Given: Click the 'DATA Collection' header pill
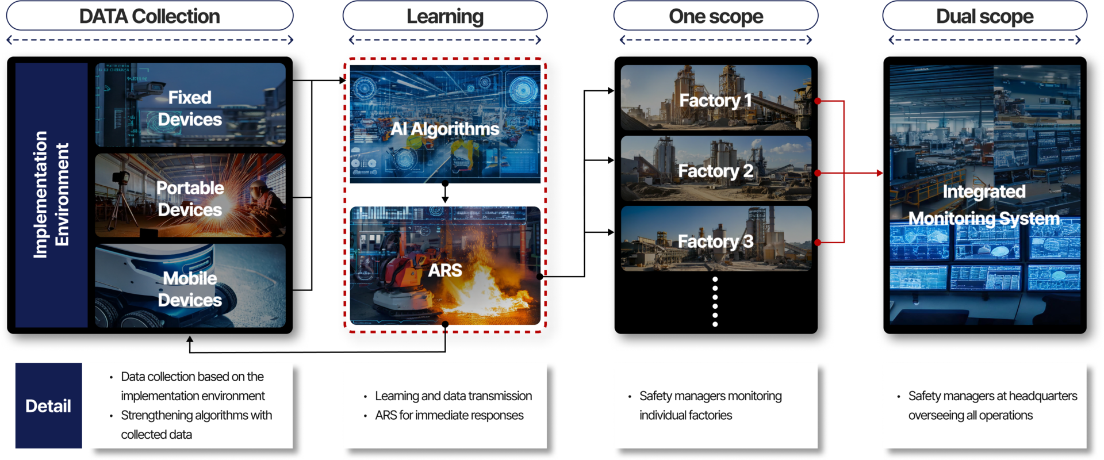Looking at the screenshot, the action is pyautogui.click(x=149, y=16).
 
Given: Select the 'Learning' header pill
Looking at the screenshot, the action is pyautogui.click(x=444, y=16).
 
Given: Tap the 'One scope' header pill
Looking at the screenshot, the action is pyautogui.click(x=715, y=16).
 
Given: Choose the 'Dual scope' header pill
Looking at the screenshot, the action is pyautogui.click(x=984, y=16).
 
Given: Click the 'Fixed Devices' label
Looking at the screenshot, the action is pyautogui.click(x=190, y=108).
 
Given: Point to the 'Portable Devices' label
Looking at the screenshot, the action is pyautogui.click(x=190, y=198).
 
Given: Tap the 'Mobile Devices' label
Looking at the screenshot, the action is pyautogui.click(x=190, y=289).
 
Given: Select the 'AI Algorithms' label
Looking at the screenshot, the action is pyautogui.click(x=444, y=129).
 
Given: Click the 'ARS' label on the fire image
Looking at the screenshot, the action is pyautogui.click(x=444, y=270).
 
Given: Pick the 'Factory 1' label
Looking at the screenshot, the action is pyautogui.click(x=715, y=101).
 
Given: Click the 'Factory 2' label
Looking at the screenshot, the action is pyautogui.click(x=715, y=171).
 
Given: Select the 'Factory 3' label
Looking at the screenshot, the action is pyautogui.click(x=715, y=241).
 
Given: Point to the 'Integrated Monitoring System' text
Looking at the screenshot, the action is pyautogui.click(x=984, y=205).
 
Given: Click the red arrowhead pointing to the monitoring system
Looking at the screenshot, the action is pyautogui.click(x=879, y=172).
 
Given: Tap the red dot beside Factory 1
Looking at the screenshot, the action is pyautogui.click(x=818, y=101).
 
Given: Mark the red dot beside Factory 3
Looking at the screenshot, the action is pyautogui.click(x=818, y=243).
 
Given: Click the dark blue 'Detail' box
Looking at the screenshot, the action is pyautogui.click(x=48, y=406).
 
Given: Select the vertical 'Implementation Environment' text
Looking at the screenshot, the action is pyautogui.click(x=51, y=194).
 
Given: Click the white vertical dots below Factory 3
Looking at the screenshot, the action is pyautogui.click(x=715, y=301).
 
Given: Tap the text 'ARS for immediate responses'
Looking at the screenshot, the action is pyautogui.click(x=449, y=415).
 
